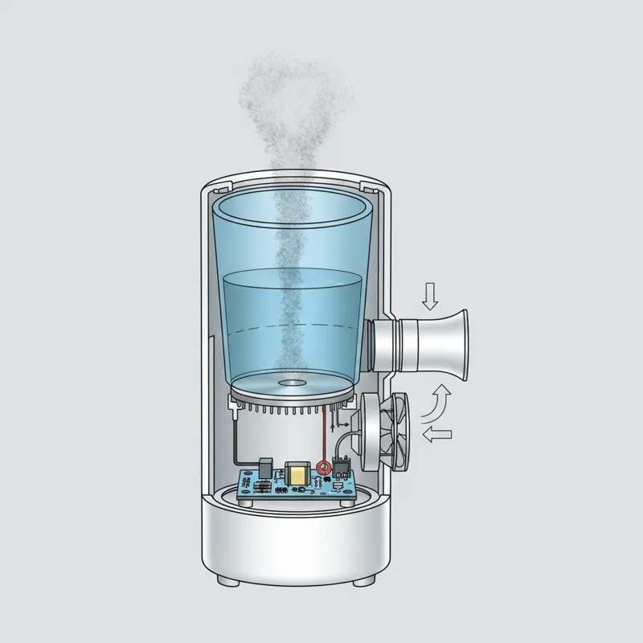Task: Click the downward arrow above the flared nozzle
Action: point(431,297)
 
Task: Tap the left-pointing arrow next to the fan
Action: point(437,435)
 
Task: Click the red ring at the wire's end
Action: point(324,467)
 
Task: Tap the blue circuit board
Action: point(297,487)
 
